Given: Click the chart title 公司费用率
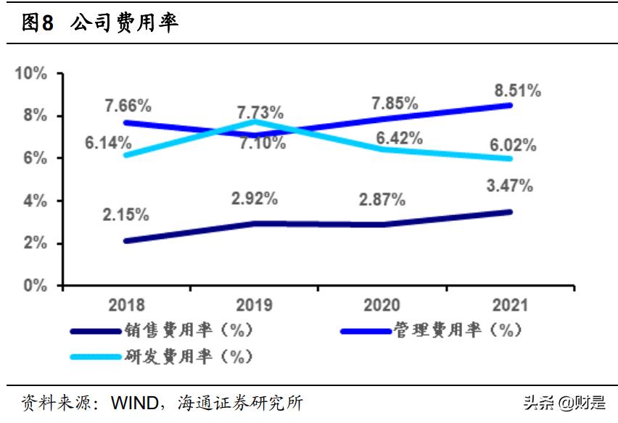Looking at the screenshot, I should coord(124,23).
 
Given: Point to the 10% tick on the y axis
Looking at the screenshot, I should coord(30,73).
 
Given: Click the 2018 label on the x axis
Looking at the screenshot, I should coord(127,305).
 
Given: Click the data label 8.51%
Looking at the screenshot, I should coord(516,91).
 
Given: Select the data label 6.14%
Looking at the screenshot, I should coord(107,143).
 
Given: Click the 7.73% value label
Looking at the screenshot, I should coord(259,112).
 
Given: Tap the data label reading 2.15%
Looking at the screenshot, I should coord(125,214).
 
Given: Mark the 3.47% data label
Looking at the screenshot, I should coord(508,185).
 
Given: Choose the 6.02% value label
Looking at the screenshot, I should coord(512,145).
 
